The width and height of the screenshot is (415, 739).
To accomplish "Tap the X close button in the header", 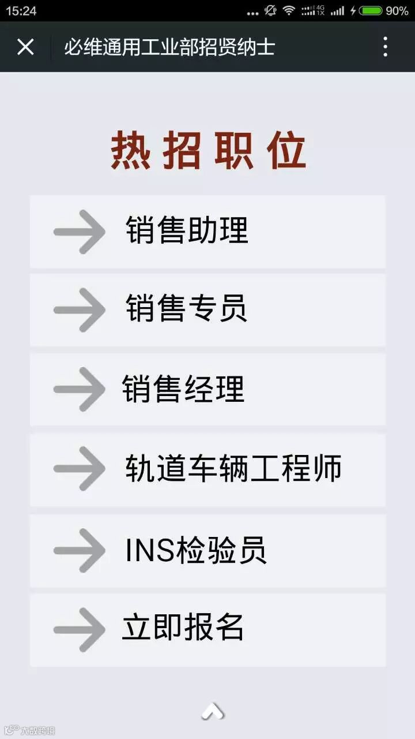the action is tap(25, 47).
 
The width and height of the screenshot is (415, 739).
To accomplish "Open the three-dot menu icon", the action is tap(386, 47).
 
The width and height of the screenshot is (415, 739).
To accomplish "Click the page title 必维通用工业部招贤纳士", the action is tap(169, 47).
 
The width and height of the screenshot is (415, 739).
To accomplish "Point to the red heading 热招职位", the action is tap(208, 151).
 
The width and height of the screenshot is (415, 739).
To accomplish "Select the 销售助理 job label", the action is tap(187, 230).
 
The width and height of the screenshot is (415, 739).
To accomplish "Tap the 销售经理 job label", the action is tap(183, 389).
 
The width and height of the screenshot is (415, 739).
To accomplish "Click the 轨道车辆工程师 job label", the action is tap(233, 468).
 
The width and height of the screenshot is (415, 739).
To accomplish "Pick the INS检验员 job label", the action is tap(195, 549).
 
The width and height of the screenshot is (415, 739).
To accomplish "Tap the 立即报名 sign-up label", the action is tap(183, 627).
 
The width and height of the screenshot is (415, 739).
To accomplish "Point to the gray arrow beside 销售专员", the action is tap(79, 310).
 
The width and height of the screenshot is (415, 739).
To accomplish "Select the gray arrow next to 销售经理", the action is tap(79, 389).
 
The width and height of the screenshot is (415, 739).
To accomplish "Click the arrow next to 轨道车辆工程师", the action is tap(79, 469).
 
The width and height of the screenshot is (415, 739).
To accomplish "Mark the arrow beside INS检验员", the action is tap(79, 550).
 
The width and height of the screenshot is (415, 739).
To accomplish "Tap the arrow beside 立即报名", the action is tap(79, 629).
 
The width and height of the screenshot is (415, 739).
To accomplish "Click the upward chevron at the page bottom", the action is tap(213, 711).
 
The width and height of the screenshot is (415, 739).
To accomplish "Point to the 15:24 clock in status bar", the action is tap(21, 11).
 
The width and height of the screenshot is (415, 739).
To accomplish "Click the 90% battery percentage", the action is tap(397, 11).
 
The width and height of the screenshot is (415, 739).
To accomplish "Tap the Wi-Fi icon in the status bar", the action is tap(289, 10).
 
